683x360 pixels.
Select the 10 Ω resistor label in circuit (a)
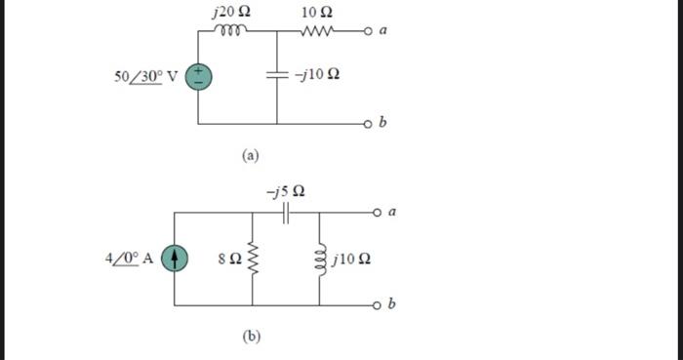[x=318, y=12]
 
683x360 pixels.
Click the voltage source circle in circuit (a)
[x=199, y=75]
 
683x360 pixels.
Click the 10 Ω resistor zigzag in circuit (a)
[x=318, y=30]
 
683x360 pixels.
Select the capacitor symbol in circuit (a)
[x=277, y=75]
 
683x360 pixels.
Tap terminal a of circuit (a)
[x=369, y=30]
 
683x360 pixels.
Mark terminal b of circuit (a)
[x=368, y=124]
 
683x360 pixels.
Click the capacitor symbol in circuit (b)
[x=286, y=212]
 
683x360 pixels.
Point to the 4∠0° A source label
[x=129, y=259]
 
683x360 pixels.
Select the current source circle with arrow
[x=175, y=259]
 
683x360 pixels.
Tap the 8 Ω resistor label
[x=229, y=260]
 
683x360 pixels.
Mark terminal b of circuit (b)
[x=368, y=305]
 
